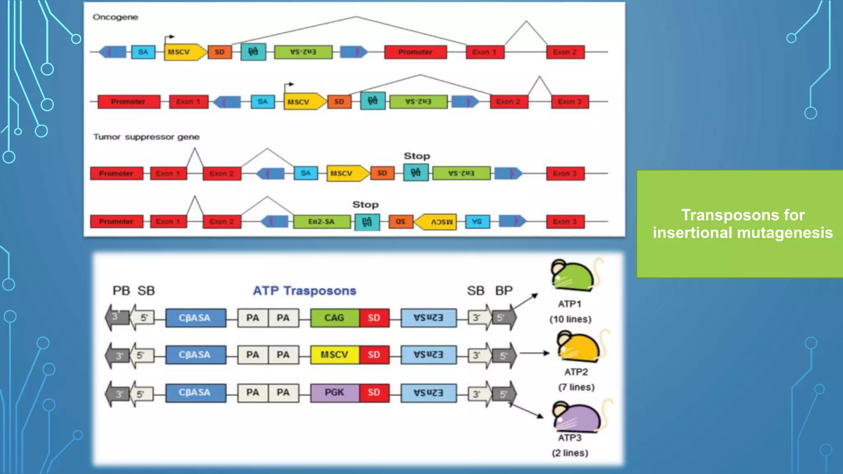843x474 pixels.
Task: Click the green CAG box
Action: [334, 318]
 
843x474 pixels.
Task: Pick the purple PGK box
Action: [334, 393]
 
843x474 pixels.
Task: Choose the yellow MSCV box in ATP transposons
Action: [334, 355]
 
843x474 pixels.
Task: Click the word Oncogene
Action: [115, 17]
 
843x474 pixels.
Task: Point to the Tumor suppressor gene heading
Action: [146, 137]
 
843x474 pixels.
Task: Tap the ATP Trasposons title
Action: [304, 290]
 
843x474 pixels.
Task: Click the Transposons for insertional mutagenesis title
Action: [743, 224]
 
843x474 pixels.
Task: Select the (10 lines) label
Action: [570, 319]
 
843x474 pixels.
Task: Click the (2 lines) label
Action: [570, 453]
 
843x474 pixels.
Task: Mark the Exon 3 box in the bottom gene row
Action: [565, 221]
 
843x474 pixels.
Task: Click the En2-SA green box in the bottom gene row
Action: [321, 221]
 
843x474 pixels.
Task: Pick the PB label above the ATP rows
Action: [121, 290]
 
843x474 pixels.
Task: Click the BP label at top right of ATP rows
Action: [504, 290]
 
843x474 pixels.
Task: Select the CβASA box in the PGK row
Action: [196, 393]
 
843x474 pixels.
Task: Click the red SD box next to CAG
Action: [374, 318]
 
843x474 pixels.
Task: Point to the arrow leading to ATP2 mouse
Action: [534, 353]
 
